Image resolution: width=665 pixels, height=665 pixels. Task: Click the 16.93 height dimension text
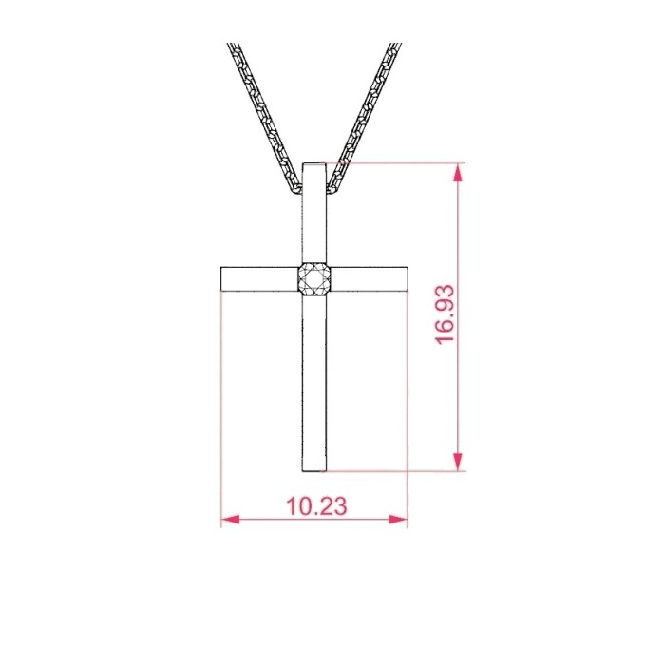pos(445,313)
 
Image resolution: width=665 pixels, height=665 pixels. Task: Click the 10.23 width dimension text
pos(316,506)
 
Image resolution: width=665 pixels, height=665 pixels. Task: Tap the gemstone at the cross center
pos(314,279)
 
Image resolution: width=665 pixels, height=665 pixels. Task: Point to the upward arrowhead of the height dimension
pos(457,174)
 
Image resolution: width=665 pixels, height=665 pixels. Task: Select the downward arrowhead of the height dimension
pos(457,461)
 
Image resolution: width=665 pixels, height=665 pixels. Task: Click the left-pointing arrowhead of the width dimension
pos(231,520)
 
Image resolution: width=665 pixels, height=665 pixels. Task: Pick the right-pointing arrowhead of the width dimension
pos(398,520)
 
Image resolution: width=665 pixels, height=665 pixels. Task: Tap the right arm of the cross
pos(369,279)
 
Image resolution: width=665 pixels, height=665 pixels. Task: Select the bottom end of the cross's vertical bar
pos(314,471)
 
